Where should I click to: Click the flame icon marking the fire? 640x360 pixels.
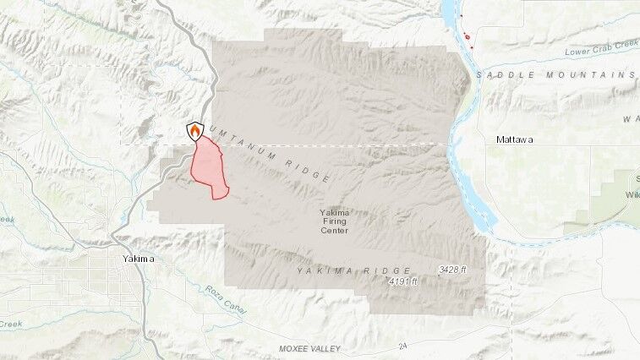(x=195, y=132)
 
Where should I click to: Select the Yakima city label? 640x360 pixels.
(x=138, y=259)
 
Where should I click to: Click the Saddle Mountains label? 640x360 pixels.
(x=555, y=75)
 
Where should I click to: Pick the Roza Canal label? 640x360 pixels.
(x=226, y=300)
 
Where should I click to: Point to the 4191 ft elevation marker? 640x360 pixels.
(x=403, y=281)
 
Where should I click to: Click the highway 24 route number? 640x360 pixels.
(x=404, y=346)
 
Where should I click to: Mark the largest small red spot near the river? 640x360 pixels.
(x=466, y=36)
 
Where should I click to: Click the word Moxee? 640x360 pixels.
(x=296, y=349)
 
